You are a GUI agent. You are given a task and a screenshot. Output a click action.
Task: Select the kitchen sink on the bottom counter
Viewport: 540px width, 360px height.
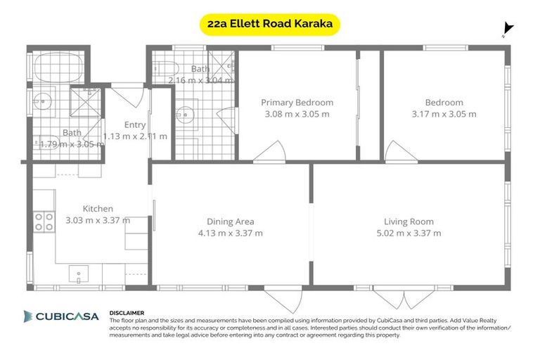point(79,274)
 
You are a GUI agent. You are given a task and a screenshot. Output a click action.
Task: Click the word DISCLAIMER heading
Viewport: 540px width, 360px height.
point(127,312)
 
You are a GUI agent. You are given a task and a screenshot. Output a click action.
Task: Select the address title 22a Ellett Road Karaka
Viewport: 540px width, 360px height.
point(270,25)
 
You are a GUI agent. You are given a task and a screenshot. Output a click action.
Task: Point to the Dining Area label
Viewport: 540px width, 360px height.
point(231,221)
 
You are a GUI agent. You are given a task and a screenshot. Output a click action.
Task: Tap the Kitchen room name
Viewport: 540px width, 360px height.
point(98,209)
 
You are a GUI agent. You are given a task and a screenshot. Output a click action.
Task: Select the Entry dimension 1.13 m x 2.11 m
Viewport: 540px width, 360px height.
point(135,136)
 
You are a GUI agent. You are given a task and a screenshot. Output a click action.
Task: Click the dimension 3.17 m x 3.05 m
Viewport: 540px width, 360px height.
point(444,114)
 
